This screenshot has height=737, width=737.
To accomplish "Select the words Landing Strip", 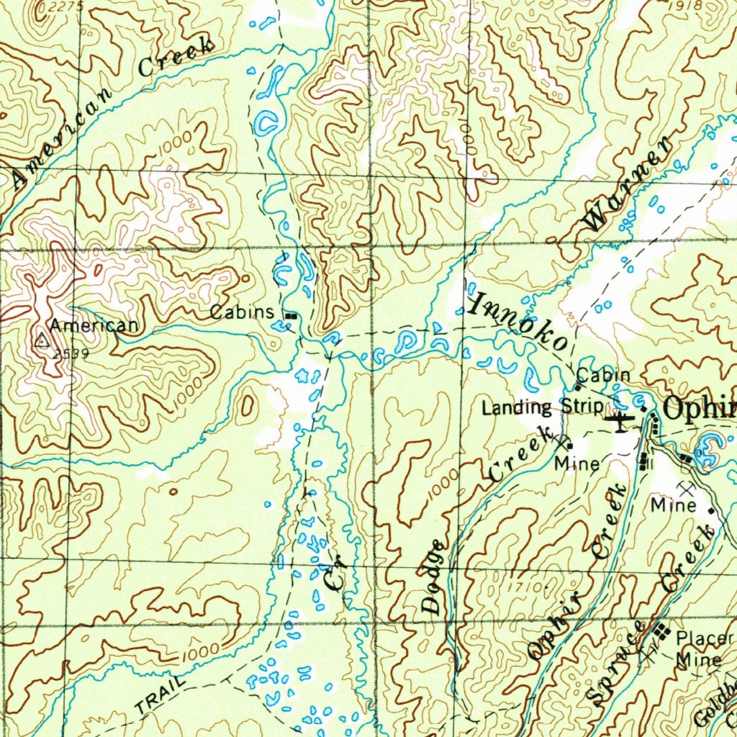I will click(x=542, y=408).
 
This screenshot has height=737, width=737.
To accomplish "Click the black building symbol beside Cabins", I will click(x=290, y=316).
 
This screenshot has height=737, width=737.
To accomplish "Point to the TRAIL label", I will click(x=160, y=696).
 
